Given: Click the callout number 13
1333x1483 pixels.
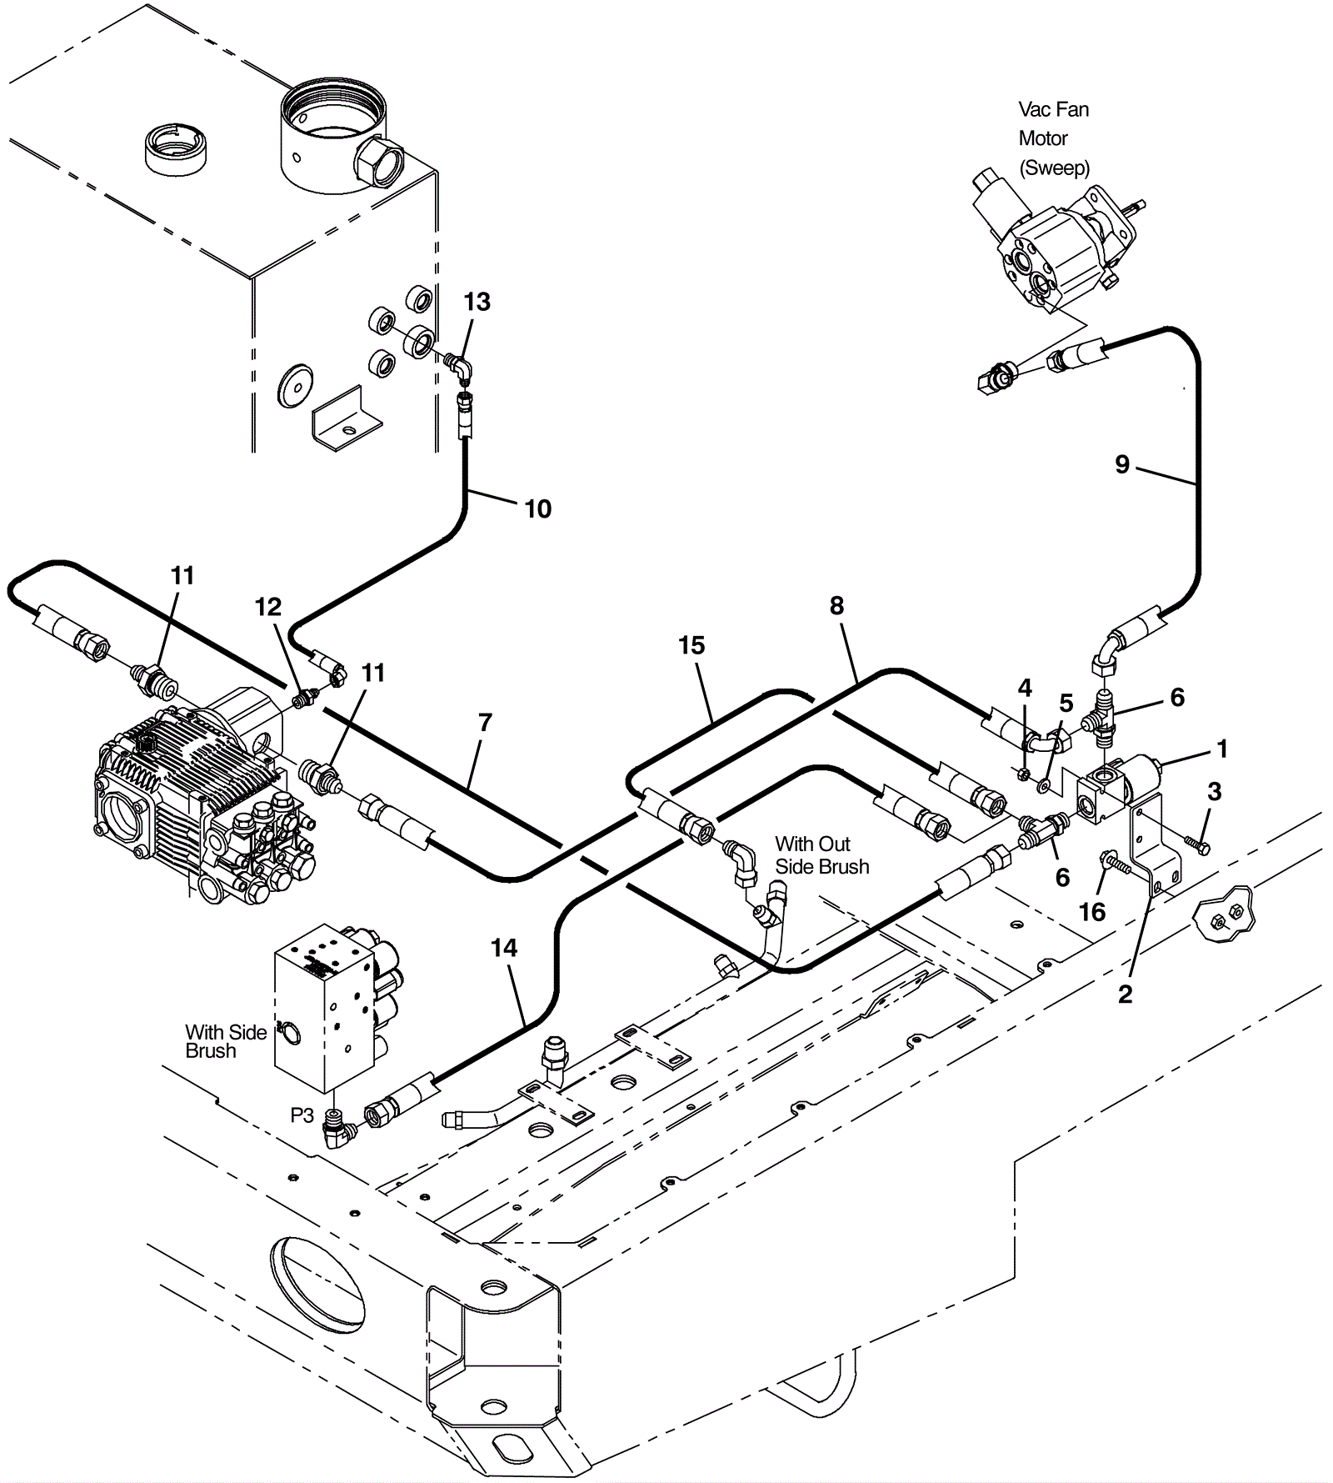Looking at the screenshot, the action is [x=477, y=302].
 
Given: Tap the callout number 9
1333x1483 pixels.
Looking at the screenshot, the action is [x=1122, y=464].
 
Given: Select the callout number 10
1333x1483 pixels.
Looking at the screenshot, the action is [x=538, y=509].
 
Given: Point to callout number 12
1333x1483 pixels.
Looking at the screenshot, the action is [x=268, y=607].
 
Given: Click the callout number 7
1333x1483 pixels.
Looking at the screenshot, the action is [x=485, y=722].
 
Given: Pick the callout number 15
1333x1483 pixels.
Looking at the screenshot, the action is [x=691, y=645].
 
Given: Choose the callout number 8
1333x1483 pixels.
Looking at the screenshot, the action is [x=836, y=606].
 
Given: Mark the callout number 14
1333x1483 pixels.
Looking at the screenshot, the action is [x=504, y=948].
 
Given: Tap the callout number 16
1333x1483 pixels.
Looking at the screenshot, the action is [x=1092, y=912].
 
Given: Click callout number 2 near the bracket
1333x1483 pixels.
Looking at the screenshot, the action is [x=1126, y=994].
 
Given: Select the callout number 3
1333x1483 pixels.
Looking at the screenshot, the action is [x=1214, y=791].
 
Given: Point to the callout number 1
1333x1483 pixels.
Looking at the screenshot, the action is [x=1222, y=749].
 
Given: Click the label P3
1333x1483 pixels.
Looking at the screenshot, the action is [x=302, y=1115].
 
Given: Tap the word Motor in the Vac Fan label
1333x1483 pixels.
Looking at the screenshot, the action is [x=1043, y=138].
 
